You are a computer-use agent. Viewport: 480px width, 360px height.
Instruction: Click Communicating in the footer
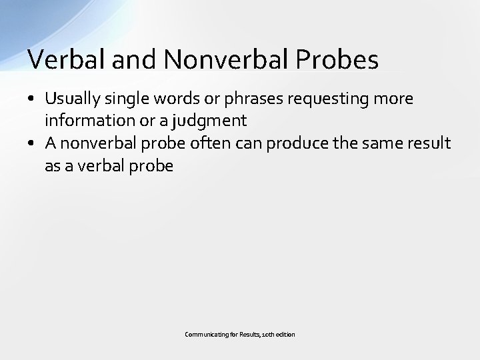(205, 335)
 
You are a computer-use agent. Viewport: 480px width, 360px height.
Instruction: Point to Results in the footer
(245, 335)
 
